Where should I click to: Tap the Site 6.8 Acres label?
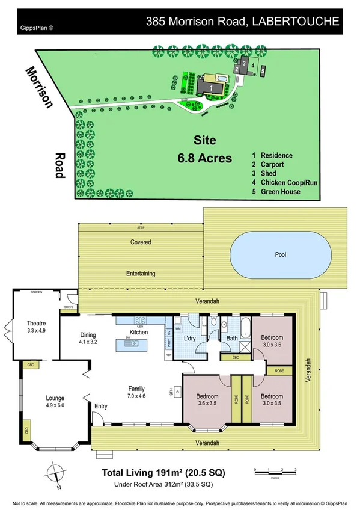pos(204,150)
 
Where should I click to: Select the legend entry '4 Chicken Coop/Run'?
pos(281,182)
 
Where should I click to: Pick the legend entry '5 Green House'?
pos(276,192)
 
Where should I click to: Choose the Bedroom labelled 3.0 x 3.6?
pos(271,342)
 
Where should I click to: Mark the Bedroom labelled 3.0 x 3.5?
pos(272,399)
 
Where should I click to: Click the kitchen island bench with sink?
pos(136,343)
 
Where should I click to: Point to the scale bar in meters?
pos(275,470)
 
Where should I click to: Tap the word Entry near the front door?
pos(100,406)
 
